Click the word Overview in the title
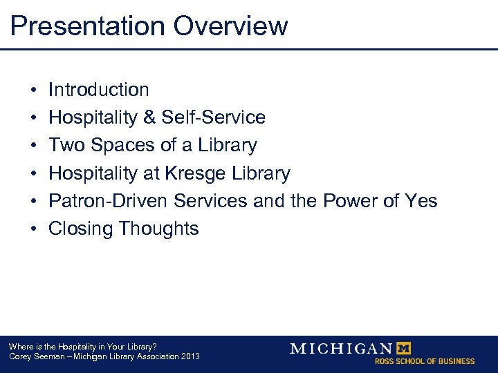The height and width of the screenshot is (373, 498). (230, 26)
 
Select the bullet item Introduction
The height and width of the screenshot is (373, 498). (98, 90)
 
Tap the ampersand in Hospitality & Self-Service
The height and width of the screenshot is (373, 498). (149, 117)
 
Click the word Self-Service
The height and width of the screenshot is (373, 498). (213, 117)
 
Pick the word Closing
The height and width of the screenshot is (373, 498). (81, 229)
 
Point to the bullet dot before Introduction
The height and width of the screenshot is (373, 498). (33, 90)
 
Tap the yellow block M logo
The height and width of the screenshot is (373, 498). (402, 348)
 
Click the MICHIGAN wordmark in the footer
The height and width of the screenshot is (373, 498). (340, 348)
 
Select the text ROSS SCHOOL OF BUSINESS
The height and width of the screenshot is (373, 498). (425, 361)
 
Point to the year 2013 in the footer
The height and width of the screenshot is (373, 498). (190, 356)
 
